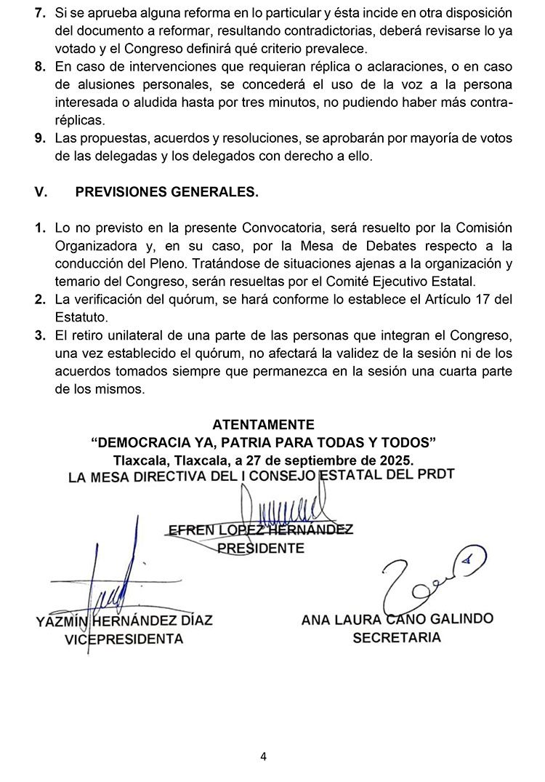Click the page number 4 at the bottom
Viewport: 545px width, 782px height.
(263, 757)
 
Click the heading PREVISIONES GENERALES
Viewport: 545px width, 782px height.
(166, 192)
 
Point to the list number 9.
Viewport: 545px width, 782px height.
(41, 138)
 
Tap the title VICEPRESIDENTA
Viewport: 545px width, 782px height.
(124, 639)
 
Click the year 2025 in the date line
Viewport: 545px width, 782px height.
(394, 460)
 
